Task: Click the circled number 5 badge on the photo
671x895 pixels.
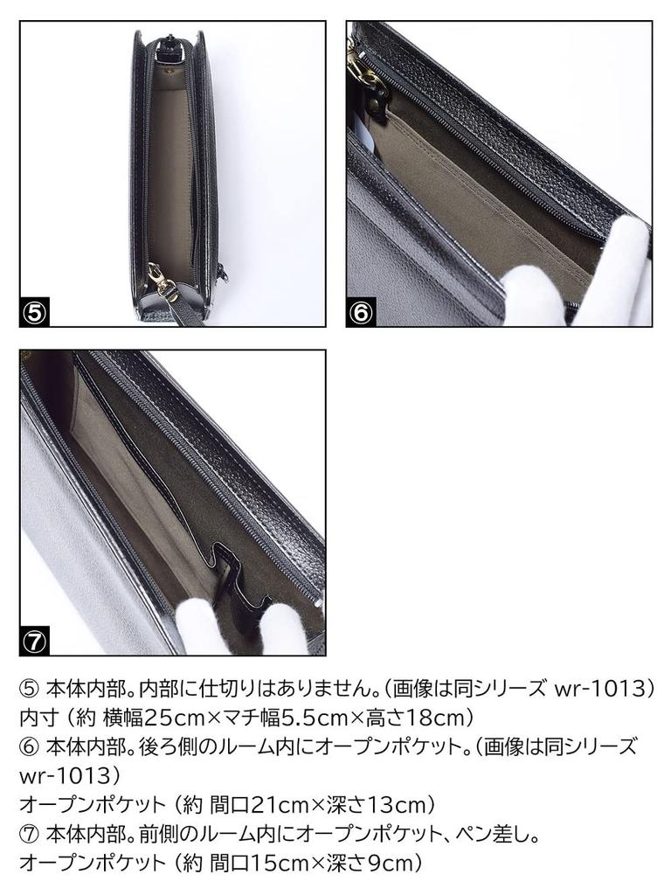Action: [34, 314]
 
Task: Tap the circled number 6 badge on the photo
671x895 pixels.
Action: [361, 314]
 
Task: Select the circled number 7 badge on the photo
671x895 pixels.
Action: [34, 642]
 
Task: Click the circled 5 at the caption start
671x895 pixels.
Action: [29, 689]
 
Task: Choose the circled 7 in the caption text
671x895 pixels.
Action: [29, 834]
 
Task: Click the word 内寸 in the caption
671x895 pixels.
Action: [38, 718]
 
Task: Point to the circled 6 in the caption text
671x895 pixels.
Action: [29, 746]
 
